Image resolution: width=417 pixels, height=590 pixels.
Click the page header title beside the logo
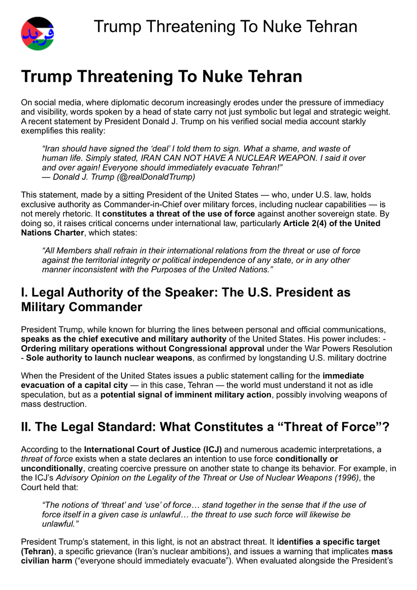225,26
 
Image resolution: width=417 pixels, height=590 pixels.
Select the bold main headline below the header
161,77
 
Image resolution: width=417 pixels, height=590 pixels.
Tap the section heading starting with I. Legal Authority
185,299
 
